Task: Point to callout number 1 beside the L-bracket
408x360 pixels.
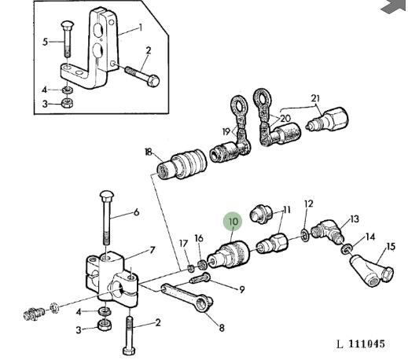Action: point(141,28)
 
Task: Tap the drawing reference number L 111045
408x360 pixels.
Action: point(361,343)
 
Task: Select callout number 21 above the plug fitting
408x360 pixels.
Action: point(315,98)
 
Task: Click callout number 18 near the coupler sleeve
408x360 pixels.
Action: point(149,152)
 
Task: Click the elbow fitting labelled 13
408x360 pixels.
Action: point(328,233)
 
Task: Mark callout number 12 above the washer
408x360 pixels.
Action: point(309,204)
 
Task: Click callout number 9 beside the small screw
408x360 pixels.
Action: point(241,289)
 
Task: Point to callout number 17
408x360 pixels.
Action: point(184,244)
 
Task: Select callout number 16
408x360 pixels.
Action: point(199,238)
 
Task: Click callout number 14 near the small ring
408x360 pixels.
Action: point(370,237)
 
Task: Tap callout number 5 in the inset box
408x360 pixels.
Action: point(46,42)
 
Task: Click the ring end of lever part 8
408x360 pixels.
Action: point(204,304)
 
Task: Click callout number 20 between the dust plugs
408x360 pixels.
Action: point(285,119)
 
